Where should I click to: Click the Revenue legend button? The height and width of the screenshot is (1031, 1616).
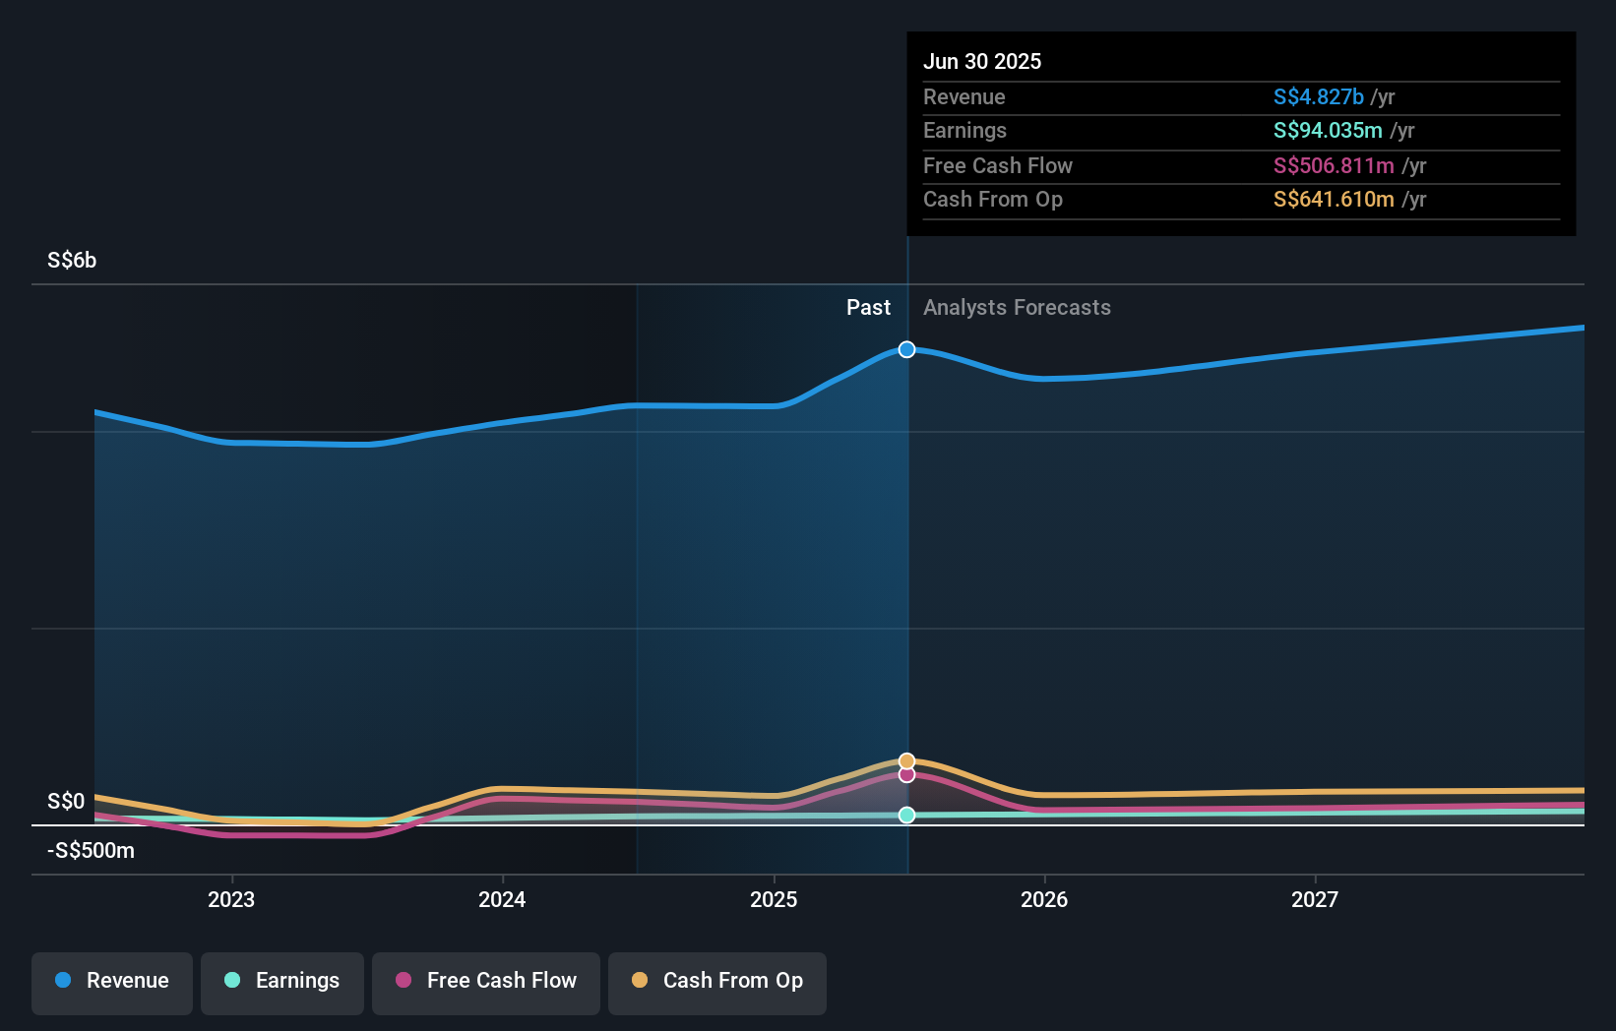(112, 982)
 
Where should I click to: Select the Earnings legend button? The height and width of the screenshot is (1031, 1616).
(282, 982)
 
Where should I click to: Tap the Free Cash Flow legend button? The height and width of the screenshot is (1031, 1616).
(486, 982)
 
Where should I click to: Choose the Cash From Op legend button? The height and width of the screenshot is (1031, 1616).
(717, 982)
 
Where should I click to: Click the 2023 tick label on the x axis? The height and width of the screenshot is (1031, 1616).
(231, 900)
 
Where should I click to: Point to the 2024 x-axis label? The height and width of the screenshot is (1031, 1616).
(502, 900)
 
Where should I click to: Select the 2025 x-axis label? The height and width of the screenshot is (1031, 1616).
(774, 900)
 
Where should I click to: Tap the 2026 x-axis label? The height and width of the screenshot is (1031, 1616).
(1044, 900)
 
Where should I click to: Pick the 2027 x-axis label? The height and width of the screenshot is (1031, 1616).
(1315, 900)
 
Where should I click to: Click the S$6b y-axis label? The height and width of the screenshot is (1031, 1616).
(72, 261)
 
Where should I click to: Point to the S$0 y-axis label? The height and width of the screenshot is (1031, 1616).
(66, 802)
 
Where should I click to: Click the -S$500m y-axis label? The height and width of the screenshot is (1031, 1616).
(91, 851)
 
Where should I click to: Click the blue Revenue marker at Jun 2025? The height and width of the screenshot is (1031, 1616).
(907, 350)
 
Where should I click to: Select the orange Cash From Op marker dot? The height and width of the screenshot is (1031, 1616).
(907, 761)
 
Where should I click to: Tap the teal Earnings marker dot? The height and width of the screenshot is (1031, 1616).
(907, 816)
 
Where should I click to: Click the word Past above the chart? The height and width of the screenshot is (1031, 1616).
(868, 308)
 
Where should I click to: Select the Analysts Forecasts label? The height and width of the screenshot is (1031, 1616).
(1017, 308)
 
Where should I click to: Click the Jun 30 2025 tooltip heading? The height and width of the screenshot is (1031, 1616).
(982, 62)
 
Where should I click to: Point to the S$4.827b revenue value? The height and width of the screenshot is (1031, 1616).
(1318, 97)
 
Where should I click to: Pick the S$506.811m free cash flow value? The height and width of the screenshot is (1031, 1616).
(1334, 166)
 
